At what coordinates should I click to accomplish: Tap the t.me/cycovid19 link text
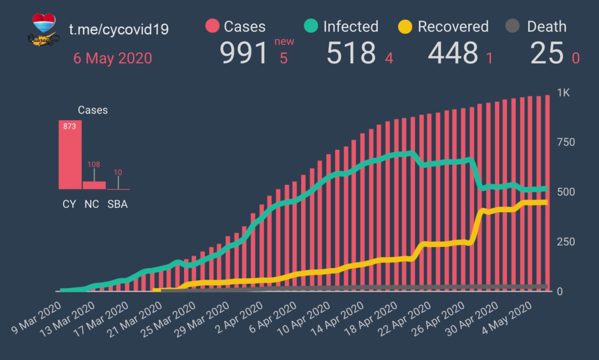[x=119, y=29]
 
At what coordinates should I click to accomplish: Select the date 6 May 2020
[x=112, y=58]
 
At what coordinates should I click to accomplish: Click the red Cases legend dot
[x=212, y=27]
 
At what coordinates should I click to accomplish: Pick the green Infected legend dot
[x=311, y=27]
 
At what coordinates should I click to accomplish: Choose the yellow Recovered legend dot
[x=405, y=27]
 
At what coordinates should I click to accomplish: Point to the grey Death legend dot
[x=513, y=27]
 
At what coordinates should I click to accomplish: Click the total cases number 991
[x=244, y=53]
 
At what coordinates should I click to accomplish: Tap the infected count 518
[x=351, y=53]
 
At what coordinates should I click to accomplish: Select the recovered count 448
[x=453, y=53]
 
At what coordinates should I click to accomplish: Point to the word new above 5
[x=284, y=42]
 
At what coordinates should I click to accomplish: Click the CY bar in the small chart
[x=70, y=155]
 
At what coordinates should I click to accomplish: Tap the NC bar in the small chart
[x=94, y=185]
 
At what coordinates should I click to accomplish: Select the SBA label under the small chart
[x=117, y=205]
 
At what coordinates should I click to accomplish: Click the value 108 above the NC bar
[x=94, y=165]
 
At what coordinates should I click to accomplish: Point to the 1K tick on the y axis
[x=563, y=93]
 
